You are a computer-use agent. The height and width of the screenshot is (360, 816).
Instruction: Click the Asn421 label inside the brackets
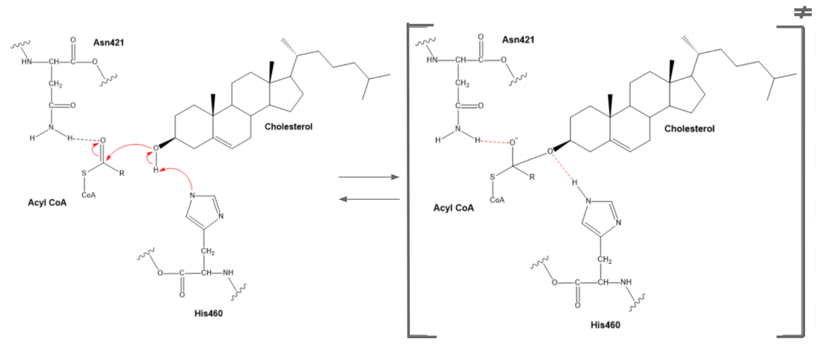point(518,39)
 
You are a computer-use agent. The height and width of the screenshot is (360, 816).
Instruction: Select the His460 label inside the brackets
point(605,325)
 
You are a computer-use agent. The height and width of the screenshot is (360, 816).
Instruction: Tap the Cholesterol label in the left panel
point(289,126)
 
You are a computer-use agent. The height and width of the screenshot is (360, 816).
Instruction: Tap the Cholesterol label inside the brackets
point(689,128)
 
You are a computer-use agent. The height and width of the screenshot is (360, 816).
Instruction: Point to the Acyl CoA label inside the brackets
point(453,208)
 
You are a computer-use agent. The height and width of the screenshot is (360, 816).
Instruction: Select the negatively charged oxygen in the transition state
point(514,142)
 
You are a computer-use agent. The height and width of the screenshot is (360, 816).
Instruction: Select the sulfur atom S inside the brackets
point(494,177)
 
